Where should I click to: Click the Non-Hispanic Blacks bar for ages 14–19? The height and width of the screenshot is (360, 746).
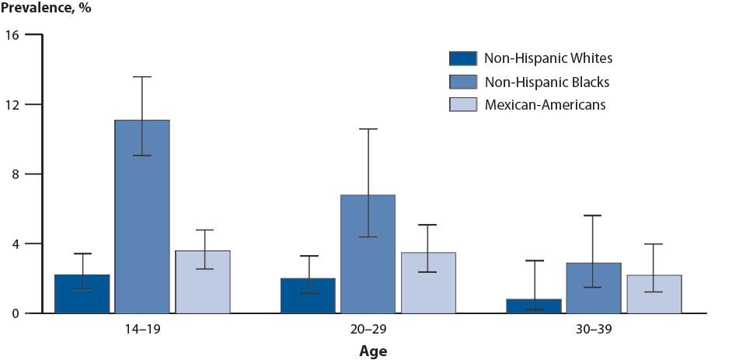click(142, 217)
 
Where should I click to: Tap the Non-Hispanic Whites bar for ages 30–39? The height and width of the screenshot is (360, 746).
click(533, 306)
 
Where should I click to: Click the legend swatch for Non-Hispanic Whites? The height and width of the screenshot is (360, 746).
click(462, 58)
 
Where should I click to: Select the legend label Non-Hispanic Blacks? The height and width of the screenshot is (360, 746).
click(546, 82)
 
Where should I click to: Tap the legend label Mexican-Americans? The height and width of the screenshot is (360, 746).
click(544, 104)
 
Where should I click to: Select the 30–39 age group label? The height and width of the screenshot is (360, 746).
click(594, 329)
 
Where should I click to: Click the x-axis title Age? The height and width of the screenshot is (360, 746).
click(372, 351)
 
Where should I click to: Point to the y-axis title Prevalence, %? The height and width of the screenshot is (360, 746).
click(46, 10)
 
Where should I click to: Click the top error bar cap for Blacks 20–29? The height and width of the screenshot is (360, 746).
click(368, 129)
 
